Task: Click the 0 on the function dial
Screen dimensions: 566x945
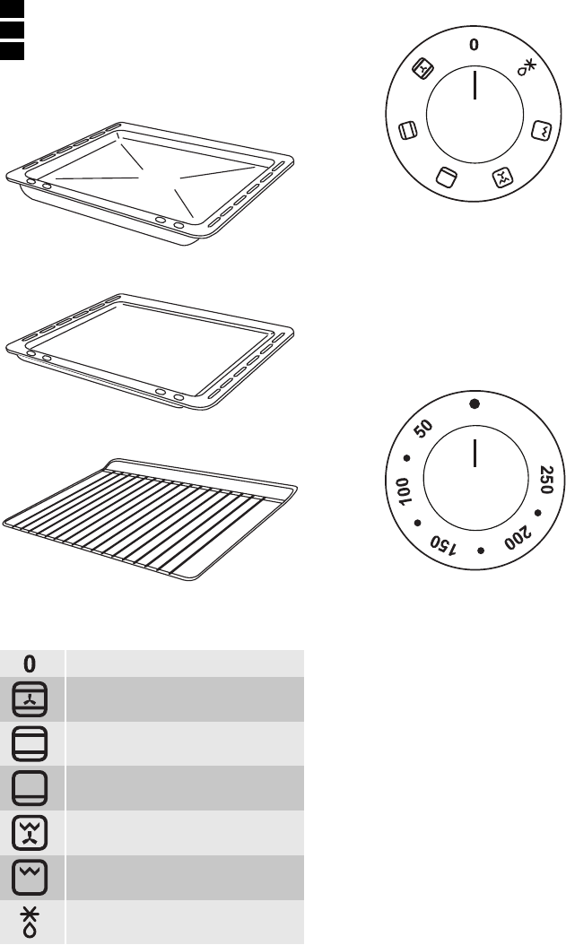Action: coord(475,45)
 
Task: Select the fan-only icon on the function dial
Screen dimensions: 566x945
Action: coord(422,69)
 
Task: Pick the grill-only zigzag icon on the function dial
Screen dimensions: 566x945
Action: coord(540,130)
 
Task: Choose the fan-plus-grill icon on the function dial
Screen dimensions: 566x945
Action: coord(502,178)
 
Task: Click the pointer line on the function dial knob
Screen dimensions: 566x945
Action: coord(475,84)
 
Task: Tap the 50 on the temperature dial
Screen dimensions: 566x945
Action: coord(424,429)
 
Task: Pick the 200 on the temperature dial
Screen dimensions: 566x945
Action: coord(518,538)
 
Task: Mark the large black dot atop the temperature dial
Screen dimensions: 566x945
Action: coord(475,403)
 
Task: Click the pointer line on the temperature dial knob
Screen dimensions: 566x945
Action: coord(475,453)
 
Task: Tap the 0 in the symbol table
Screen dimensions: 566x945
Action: coord(30,663)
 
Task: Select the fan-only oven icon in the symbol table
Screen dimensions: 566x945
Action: coord(30,699)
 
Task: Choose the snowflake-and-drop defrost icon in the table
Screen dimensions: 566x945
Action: coord(30,923)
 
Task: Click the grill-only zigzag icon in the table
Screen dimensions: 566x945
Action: coord(30,878)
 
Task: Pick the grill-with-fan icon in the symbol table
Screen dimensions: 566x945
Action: coord(30,833)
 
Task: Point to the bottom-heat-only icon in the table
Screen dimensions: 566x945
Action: coord(30,788)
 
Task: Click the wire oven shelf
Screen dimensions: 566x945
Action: coord(150,518)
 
